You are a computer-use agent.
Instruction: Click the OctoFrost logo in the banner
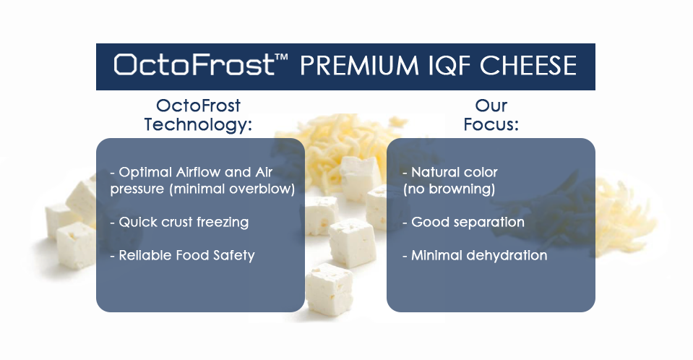point(194,64)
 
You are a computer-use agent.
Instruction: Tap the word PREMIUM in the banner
point(359,66)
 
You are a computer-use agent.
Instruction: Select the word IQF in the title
point(450,66)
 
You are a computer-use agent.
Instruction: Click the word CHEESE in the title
point(528,66)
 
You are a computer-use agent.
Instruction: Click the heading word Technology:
point(198,124)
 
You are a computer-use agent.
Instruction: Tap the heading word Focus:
point(491,124)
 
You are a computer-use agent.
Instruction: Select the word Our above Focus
point(491,106)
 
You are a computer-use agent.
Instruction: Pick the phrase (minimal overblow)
point(232,189)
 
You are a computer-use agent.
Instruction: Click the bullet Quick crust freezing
point(179,222)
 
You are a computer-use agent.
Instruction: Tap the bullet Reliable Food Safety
point(183,255)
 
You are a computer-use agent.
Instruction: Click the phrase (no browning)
point(449,189)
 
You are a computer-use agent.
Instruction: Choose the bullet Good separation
point(464,222)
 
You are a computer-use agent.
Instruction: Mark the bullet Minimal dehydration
point(475,255)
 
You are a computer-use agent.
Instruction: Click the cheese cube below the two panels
point(330,288)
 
